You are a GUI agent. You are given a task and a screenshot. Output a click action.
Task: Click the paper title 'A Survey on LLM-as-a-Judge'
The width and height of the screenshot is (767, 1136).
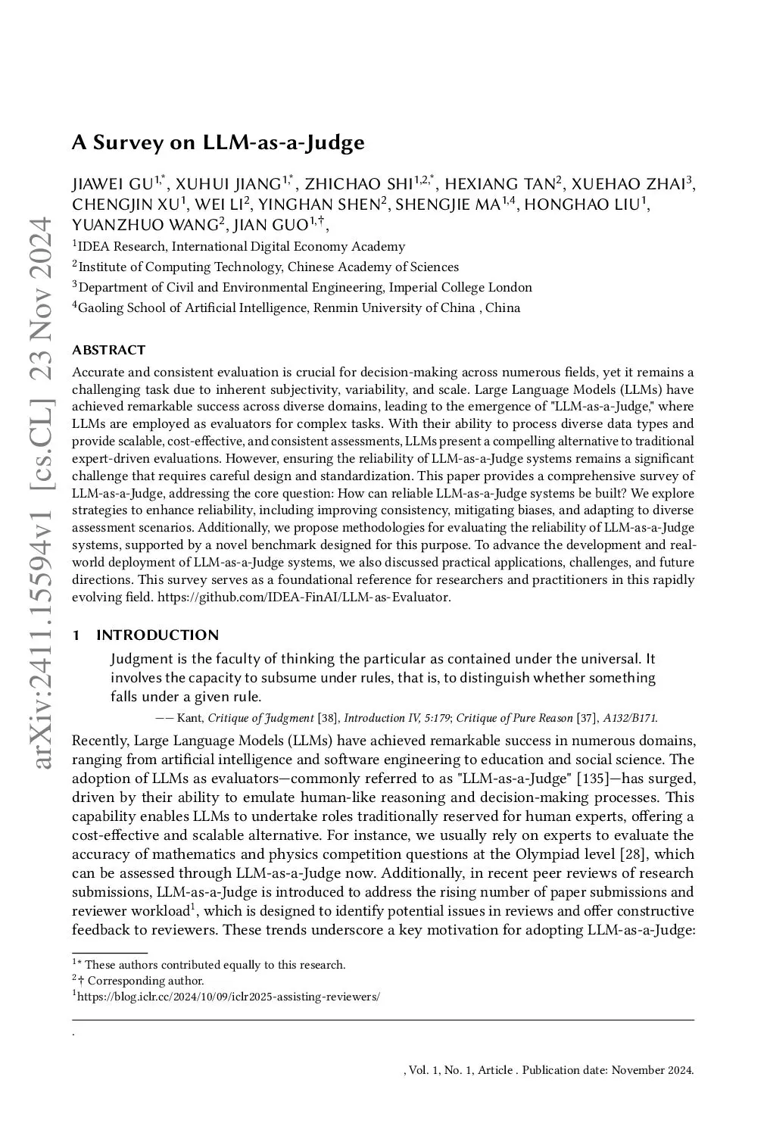coord(218,142)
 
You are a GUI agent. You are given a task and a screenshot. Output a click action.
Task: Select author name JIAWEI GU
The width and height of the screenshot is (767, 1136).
coord(112,184)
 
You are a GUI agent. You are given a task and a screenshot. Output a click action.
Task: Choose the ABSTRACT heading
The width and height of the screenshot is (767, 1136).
coord(108,350)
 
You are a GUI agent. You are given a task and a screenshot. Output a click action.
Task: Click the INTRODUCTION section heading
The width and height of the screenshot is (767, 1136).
coord(157,635)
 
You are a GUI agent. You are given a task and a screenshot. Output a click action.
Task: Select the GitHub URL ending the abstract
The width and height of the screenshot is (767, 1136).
coord(304,597)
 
